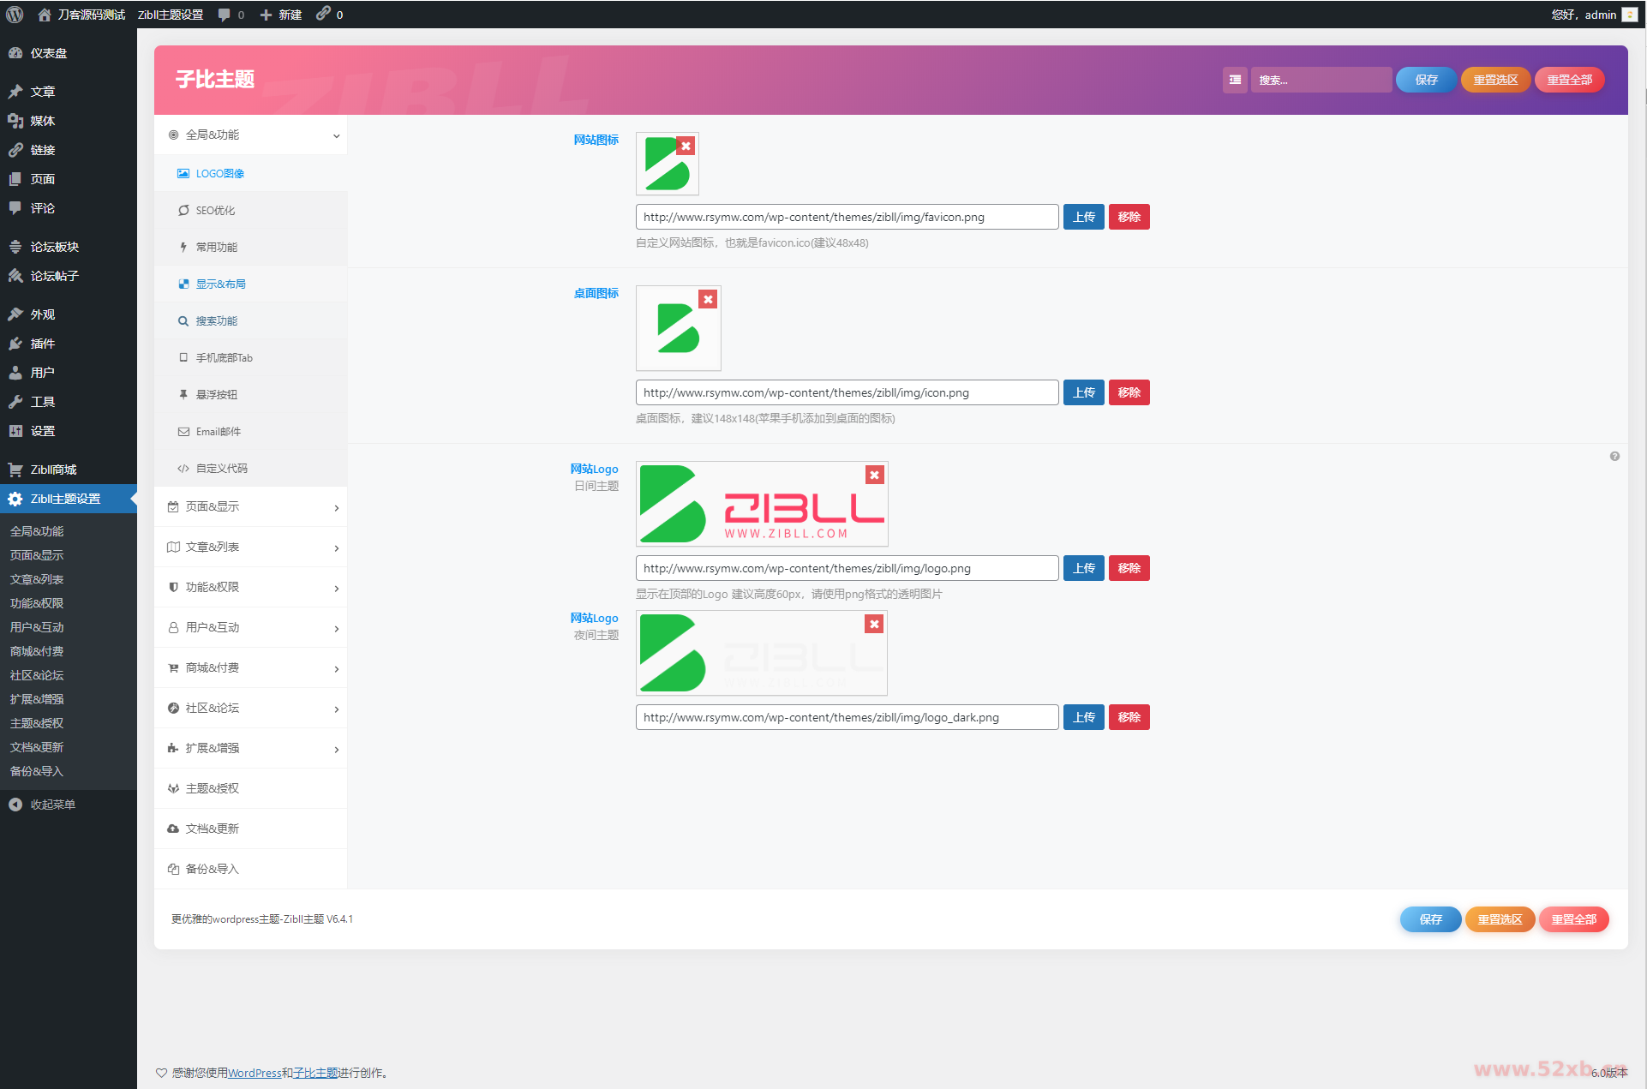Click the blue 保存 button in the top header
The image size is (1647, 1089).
(1426, 80)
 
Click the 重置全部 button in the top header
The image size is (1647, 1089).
(1569, 80)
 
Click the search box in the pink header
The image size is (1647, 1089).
(1320, 80)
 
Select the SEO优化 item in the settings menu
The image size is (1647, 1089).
(215, 211)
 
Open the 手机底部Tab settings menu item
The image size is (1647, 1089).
(224, 358)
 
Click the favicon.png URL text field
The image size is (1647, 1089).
(847, 218)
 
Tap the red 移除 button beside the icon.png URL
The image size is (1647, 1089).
(1129, 393)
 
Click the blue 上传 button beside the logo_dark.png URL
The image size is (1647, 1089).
(1083, 718)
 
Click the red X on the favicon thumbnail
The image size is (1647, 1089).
(686, 147)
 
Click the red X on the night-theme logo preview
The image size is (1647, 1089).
(874, 625)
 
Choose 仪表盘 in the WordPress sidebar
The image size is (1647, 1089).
(49, 53)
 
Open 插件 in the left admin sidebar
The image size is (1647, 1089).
(43, 344)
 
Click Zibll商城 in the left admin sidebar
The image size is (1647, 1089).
(53, 470)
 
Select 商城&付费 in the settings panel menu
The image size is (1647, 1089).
(213, 668)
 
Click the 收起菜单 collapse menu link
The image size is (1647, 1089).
(52, 805)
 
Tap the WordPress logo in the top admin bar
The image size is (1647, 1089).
(15, 15)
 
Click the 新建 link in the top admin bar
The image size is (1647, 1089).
(282, 15)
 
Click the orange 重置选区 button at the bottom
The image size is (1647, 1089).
(1500, 920)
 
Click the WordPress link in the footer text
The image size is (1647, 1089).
(255, 1074)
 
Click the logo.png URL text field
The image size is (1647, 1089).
(847, 569)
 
